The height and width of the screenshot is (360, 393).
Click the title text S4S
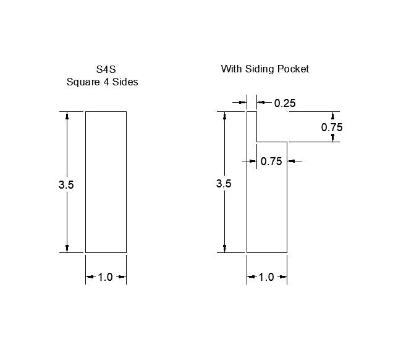pos(102,69)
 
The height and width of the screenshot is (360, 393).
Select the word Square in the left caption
pos(83,82)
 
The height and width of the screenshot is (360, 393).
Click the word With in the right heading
pos(231,69)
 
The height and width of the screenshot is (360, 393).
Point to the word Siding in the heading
pos(260,69)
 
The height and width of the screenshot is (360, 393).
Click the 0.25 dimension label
pos(285,103)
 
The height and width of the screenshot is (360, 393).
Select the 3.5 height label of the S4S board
pos(66,184)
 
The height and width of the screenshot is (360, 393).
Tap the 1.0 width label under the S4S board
pos(106,277)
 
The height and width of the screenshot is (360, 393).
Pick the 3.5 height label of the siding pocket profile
pos(224,184)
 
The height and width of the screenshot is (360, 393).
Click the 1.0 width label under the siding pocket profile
pos(266,277)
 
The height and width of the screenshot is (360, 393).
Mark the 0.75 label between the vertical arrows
pos(332,127)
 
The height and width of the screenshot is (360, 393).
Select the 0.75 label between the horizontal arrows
pos(271,161)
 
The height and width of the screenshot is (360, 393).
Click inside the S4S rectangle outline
pos(106,182)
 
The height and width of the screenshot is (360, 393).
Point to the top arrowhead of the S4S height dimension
pos(67,116)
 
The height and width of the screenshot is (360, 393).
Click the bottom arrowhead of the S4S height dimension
pos(67,248)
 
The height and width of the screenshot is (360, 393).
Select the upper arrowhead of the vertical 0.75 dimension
pos(332,116)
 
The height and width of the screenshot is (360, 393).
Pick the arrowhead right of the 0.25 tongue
pos(260,103)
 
